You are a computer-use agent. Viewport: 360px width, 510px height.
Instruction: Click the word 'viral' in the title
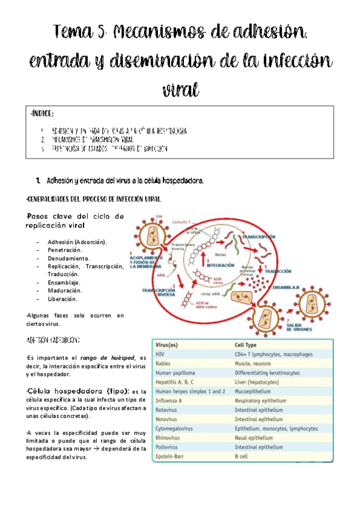[x=180, y=88]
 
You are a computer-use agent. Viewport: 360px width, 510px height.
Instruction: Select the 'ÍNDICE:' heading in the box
[x=41, y=114]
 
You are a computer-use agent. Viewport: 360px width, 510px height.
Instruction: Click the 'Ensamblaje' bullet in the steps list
[x=63, y=282]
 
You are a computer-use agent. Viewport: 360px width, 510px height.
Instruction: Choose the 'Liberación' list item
[x=63, y=298]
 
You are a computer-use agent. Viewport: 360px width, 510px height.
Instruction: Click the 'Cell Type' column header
[x=247, y=346]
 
